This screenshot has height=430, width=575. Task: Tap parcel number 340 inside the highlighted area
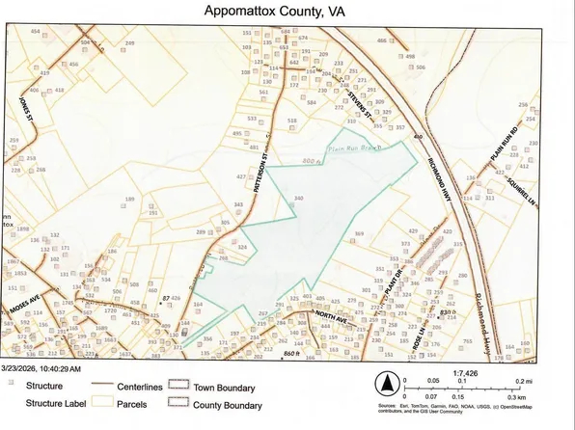pyautogui.click(x=299, y=199)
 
